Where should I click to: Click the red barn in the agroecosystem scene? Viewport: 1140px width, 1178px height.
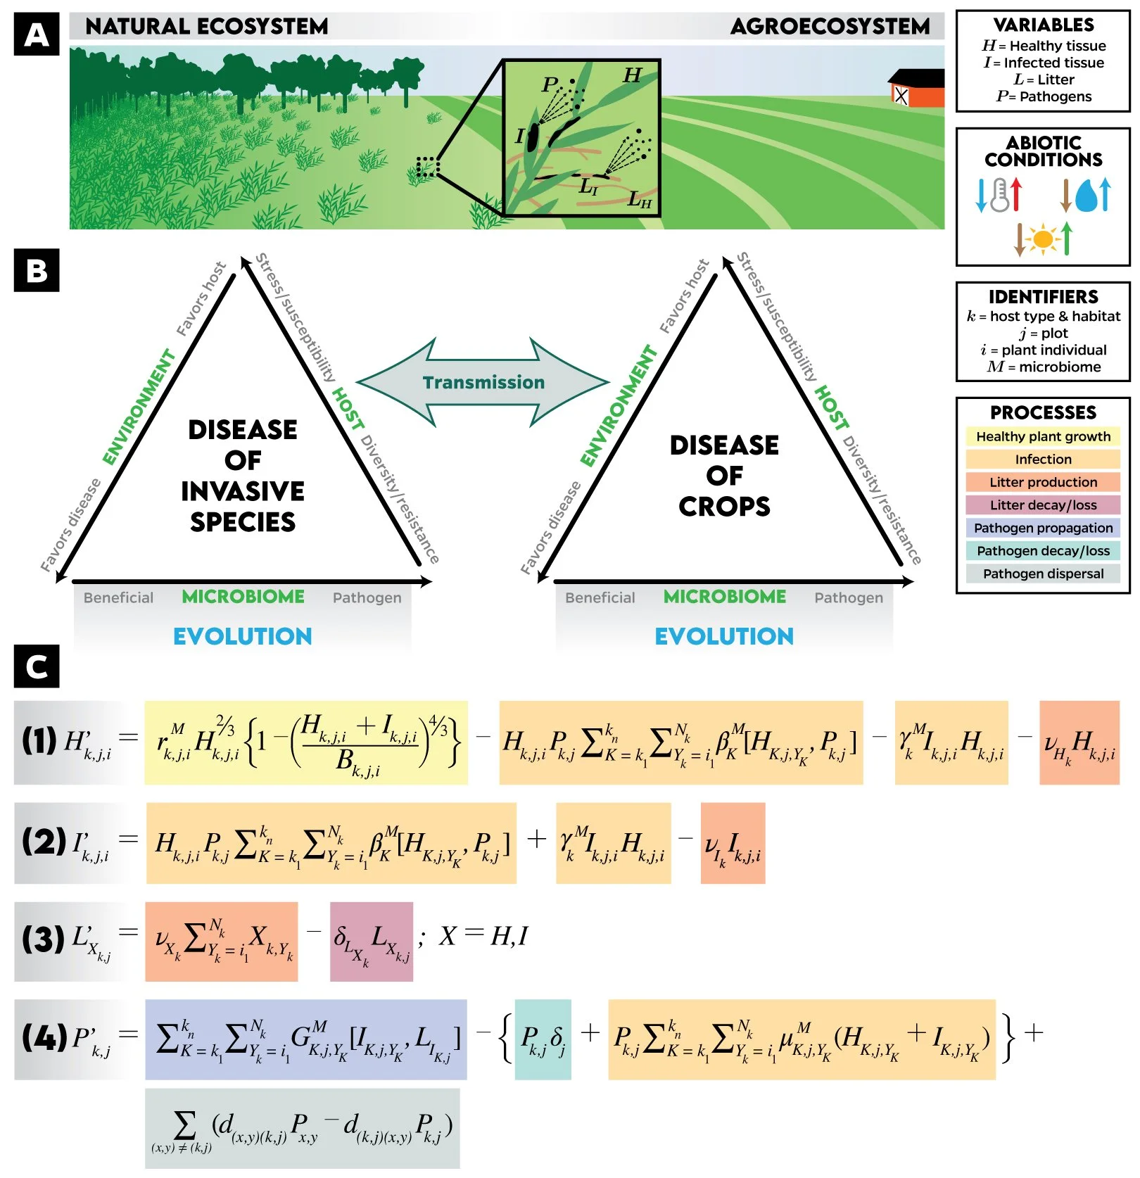click(x=918, y=89)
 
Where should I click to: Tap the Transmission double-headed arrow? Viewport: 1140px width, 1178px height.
click(x=483, y=382)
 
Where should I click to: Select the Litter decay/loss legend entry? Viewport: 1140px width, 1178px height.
click(x=1042, y=505)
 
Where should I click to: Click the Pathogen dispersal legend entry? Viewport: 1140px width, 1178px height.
click(x=1042, y=574)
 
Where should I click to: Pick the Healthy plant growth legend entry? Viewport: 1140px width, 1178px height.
click(x=1042, y=436)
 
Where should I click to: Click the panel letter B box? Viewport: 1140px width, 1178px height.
click(x=37, y=270)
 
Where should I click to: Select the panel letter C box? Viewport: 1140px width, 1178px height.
click(x=37, y=666)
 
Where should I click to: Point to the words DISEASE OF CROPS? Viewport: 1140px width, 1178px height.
click(x=724, y=476)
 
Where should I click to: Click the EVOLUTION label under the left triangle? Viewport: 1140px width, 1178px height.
click(x=242, y=636)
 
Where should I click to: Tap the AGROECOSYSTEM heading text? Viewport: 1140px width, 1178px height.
click(x=830, y=27)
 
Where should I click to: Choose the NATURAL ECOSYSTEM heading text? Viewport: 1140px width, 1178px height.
click(x=206, y=27)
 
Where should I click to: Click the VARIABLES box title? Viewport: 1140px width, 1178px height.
click(x=1043, y=25)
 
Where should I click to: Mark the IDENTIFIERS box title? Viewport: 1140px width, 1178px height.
click(x=1043, y=297)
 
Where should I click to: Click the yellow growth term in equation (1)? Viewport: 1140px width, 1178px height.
click(x=306, y=742)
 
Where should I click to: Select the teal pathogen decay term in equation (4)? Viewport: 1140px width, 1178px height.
click(x=543, y=1039)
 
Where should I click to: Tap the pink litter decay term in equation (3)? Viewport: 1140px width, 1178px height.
click(x=371, y=942)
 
